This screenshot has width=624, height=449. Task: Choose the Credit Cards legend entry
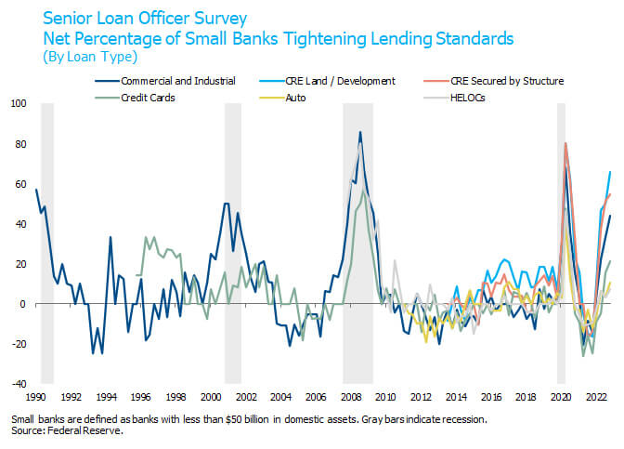pyautogui.click(x=149, y=97)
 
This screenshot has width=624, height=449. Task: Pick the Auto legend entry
pyautogui.click(x=311, y=97)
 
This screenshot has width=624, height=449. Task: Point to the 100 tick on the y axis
pyautogui.click(x=19, y=104)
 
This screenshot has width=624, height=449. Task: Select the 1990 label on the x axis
pyautogui.click(x=37, y=395)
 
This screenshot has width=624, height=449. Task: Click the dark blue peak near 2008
pyautogui.click(x=360, y=132)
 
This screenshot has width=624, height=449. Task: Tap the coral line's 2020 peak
pyautogui.click(x=565, y=143)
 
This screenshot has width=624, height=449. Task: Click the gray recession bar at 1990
pyautogui.click(x=47, y=242)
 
